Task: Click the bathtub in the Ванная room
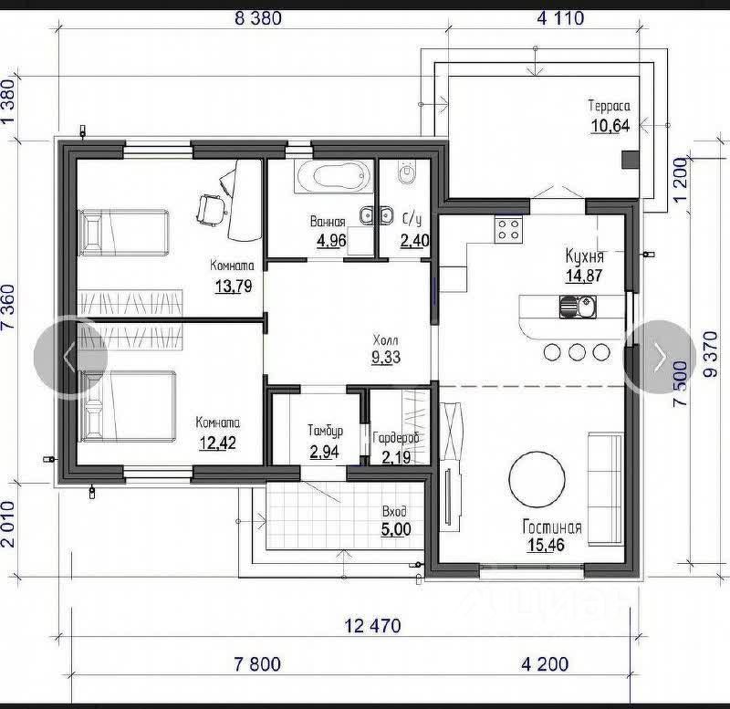click(x=334, y=176)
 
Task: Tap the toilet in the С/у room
click(x=406, y=172)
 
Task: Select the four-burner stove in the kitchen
click(x=508, y=229)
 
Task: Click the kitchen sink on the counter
click(x=578, y=307)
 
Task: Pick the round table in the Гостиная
click(x=537, y=480)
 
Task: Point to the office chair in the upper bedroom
click(x=211, y=210)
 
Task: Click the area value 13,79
click(x=234, y=286)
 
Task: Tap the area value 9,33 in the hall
click(x=386, y=357)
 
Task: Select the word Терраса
click(x=609, y=106)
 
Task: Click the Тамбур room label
click(x=326, y=431)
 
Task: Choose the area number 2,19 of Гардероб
click(x=396, y=457)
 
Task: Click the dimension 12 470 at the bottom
click(x=372, y=626)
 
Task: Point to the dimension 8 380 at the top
click(x=258, y=18)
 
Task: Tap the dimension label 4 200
click(x=545, y=664)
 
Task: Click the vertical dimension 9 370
click(x=711, y=354)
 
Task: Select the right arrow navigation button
click(x=660, y=358)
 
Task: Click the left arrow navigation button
click(x=70, y=357)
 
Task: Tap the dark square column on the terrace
click(x=631, y=160)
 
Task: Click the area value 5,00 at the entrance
click(x=396, y=529)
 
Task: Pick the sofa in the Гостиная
click(x=605, y=489)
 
